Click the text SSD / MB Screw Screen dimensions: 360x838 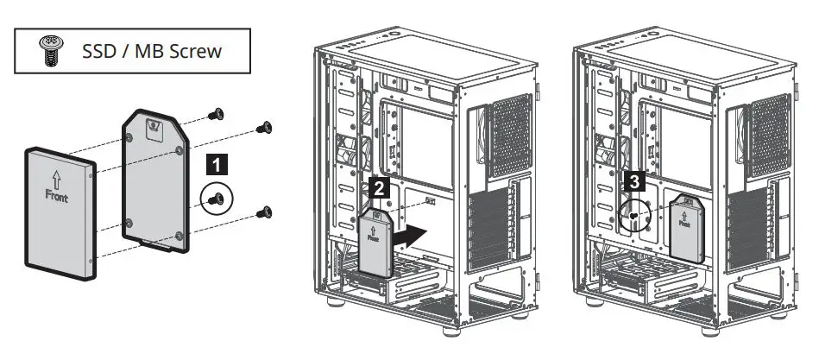(x=151, y=51)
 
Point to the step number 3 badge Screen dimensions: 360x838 (x=634, y=181)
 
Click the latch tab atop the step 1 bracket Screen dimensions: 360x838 (x=154, y=127)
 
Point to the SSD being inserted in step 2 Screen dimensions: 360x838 (x=377, y=242)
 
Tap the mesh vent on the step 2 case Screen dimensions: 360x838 (x=510, y=135)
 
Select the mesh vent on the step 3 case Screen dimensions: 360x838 (x=770, y=135)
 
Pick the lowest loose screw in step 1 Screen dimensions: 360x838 (x=265, y=212)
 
